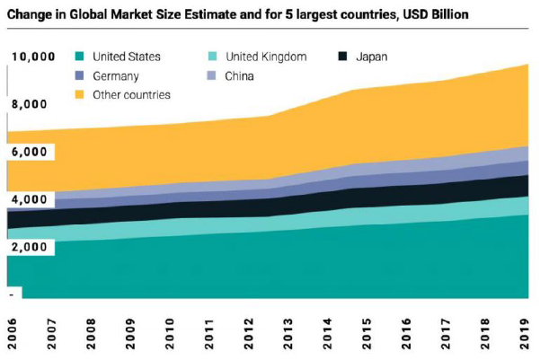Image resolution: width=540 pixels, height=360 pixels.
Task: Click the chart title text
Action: [243, 15]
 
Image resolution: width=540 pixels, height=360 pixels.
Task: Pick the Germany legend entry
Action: [118, 75]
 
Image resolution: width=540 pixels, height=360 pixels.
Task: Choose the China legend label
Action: [240, 75]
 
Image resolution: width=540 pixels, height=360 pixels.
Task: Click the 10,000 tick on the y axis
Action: [33, 57]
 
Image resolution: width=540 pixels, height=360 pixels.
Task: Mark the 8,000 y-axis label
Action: [29, 104]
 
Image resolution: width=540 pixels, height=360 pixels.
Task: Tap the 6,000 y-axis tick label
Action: [29, 152]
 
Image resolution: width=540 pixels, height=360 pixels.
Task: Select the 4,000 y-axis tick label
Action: [29, 199]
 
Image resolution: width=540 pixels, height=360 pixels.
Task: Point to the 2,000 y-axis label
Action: [29, 247]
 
